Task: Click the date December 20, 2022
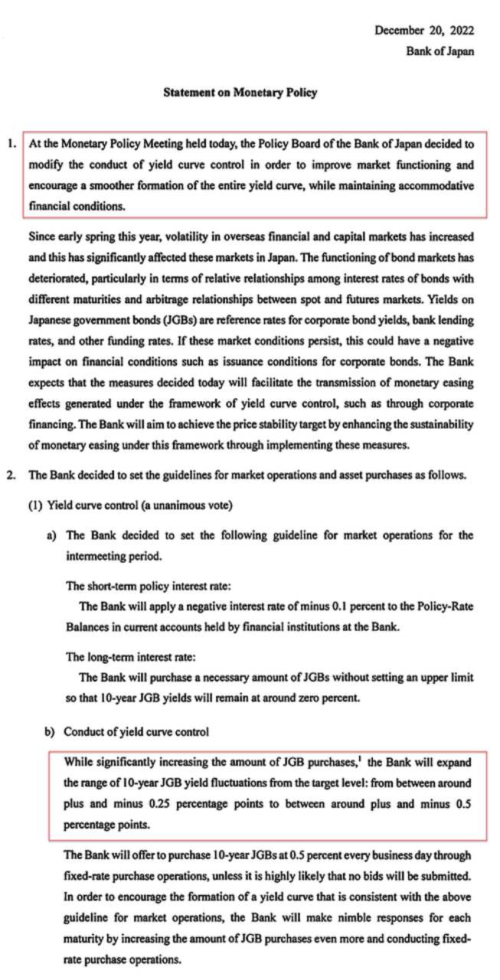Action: [x=423, y=31]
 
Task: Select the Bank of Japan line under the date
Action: [x=440, y=51]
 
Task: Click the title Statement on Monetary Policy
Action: [x=240, y=93]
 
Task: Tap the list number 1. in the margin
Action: [x=12, y=143]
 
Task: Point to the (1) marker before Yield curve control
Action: [x=37, y=505]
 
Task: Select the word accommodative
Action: [x=438, y=186]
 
